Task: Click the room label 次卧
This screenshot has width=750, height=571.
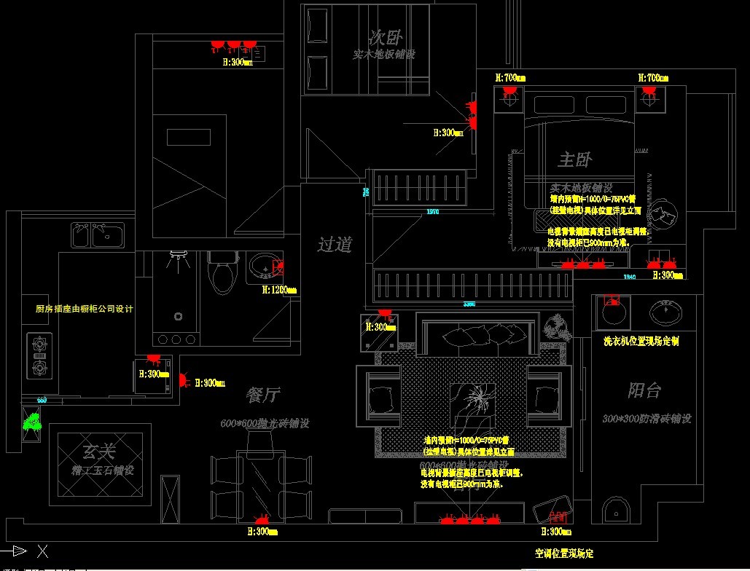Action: click(386, 36)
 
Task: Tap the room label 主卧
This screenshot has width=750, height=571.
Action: click(575, 159)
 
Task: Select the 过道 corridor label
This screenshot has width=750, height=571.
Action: click(335, 245)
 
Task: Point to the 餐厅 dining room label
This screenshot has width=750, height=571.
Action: click(263, 395)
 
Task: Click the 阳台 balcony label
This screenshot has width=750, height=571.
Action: click(644, 390)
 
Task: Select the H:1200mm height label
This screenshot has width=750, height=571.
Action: click(279, 290)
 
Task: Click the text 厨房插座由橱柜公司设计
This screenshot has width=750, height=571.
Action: click(85, 309)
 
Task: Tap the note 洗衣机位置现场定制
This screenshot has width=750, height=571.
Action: click(641, 341)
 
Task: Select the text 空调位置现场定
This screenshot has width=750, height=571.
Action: click(564, 554)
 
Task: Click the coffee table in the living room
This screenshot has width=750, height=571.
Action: click(472, 403)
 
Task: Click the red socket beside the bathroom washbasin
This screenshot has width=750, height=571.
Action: click(278, 267)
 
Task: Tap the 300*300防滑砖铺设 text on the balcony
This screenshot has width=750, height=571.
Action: click(647, 419)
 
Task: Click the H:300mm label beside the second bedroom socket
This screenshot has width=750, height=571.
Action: click(448, 133)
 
